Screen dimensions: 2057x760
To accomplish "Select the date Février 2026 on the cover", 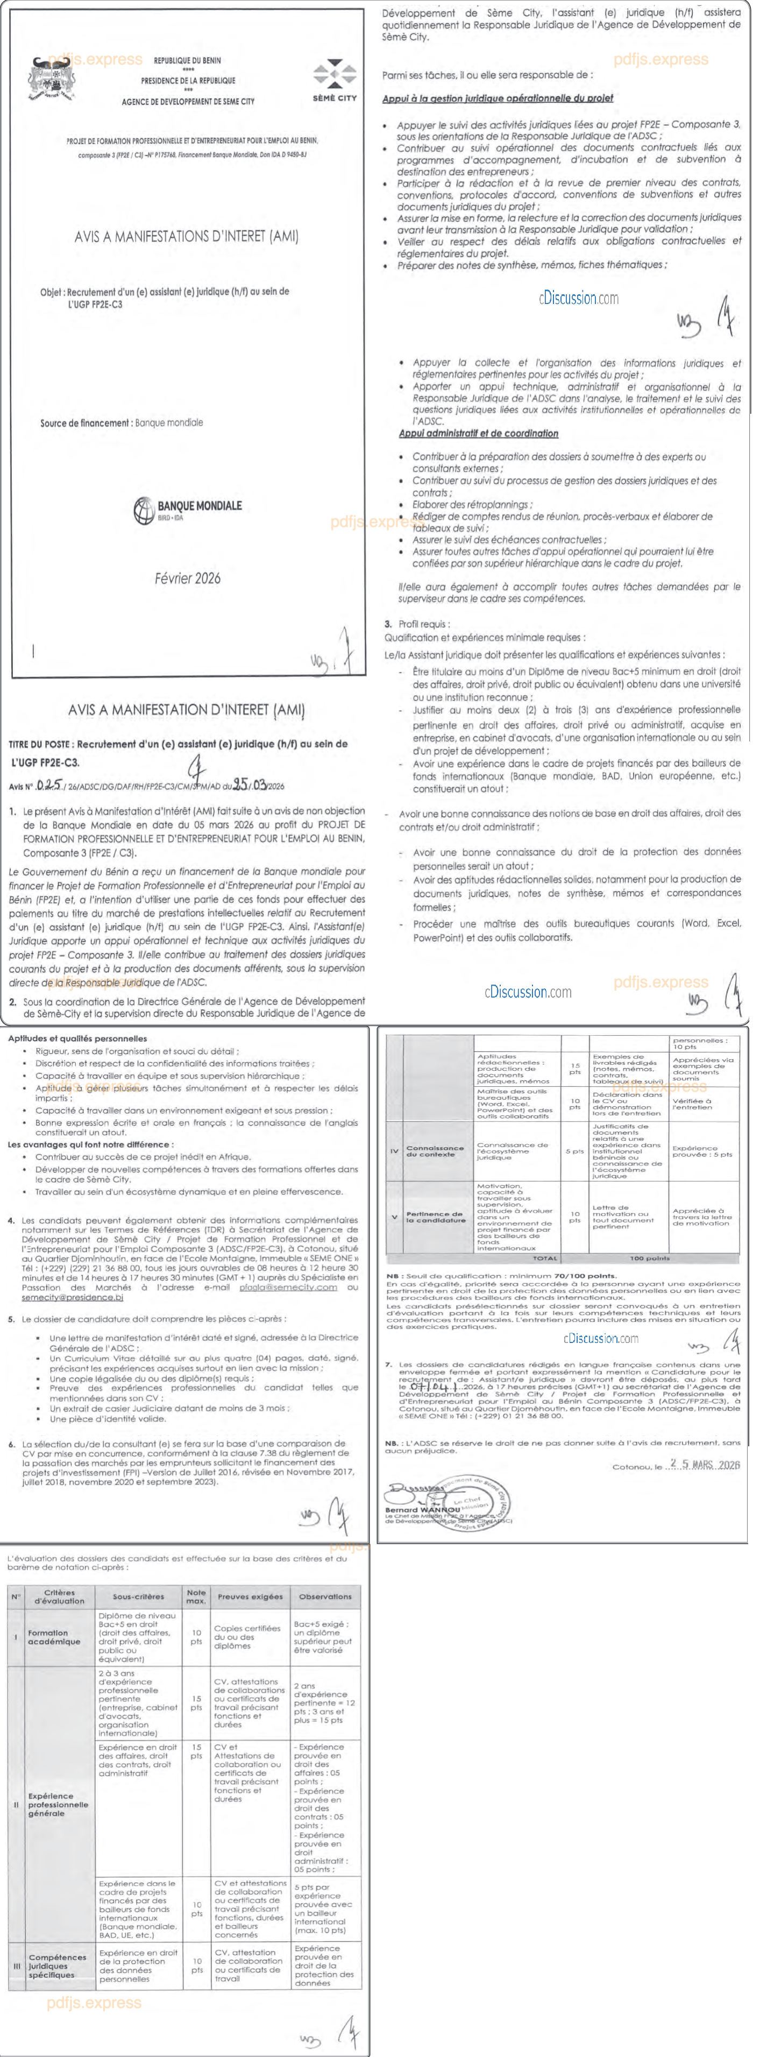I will (188, 578).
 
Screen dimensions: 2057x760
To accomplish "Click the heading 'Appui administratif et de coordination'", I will (478, 434).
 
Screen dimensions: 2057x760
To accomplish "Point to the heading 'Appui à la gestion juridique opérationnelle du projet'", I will (498, 98).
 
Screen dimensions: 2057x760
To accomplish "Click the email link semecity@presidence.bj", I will (72, 1298).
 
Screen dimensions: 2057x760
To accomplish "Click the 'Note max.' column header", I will (196, 1597).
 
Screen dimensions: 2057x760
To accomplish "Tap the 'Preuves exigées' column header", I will (250, 1597).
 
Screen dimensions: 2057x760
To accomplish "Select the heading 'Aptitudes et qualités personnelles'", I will (77, 1039).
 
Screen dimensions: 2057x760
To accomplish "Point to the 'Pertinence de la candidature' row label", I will (434, 1217).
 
